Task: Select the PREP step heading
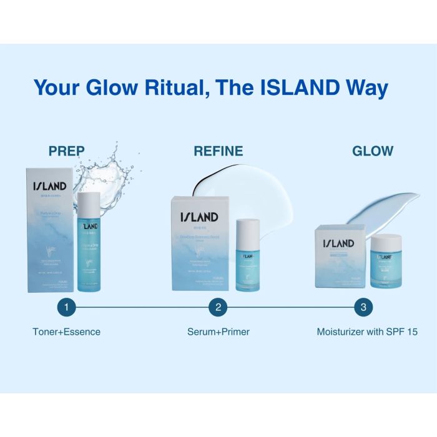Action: coord(66,150)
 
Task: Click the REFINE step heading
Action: coord(219,150)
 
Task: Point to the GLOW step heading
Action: coord(373,150)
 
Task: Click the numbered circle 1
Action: coord(66,307)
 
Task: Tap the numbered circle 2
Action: coord(218,307)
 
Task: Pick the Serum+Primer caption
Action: coord(219,331)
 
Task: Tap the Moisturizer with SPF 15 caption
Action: coord(367,331)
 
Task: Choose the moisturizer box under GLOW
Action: coord(341,256)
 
